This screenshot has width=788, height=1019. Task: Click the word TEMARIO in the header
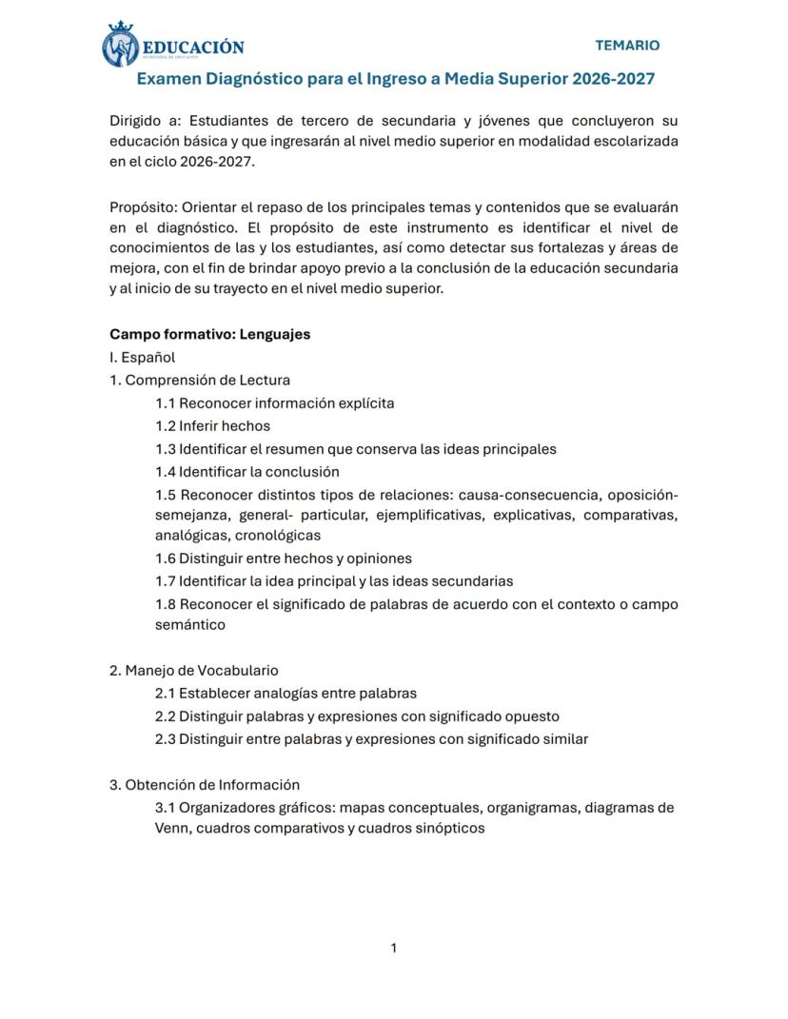click(x=626, y=45)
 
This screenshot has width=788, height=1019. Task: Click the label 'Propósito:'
click(x=143, y=207)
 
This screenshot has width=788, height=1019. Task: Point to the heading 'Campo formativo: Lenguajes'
click(x=209, y=334)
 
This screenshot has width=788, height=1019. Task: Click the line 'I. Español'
click(x=142, y=358)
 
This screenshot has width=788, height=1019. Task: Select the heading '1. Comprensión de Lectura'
click(x=199, y=381)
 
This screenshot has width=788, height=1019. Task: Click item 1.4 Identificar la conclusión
click(x=246, y=472)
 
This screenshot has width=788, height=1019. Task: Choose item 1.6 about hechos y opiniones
click(x=283, y=558)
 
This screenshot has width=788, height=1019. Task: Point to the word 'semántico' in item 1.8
click(x=189, y=625)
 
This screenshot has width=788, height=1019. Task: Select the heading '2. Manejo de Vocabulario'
click(x=193, y=671)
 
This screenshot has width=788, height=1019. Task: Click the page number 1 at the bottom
click(x=394, y=948)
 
